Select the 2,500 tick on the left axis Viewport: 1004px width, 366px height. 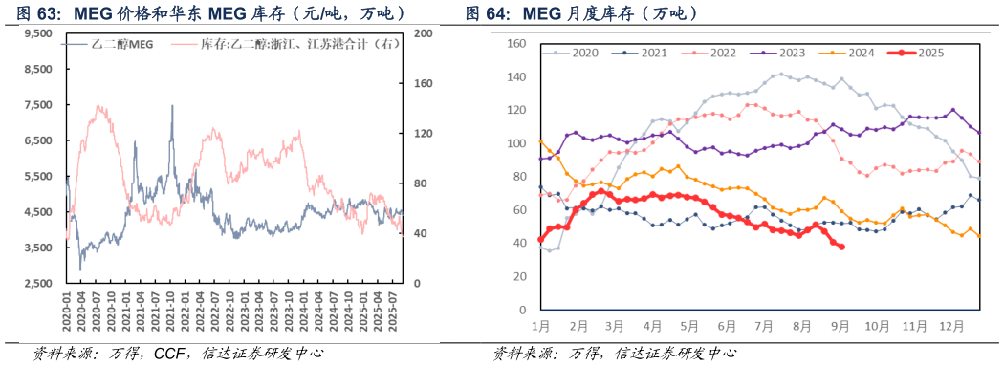click(37, 284)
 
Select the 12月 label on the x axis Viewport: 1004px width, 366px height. click(953, 325)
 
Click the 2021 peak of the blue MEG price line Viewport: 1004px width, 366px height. click(172, 106)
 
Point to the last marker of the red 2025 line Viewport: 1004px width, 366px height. click(841, 247)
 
